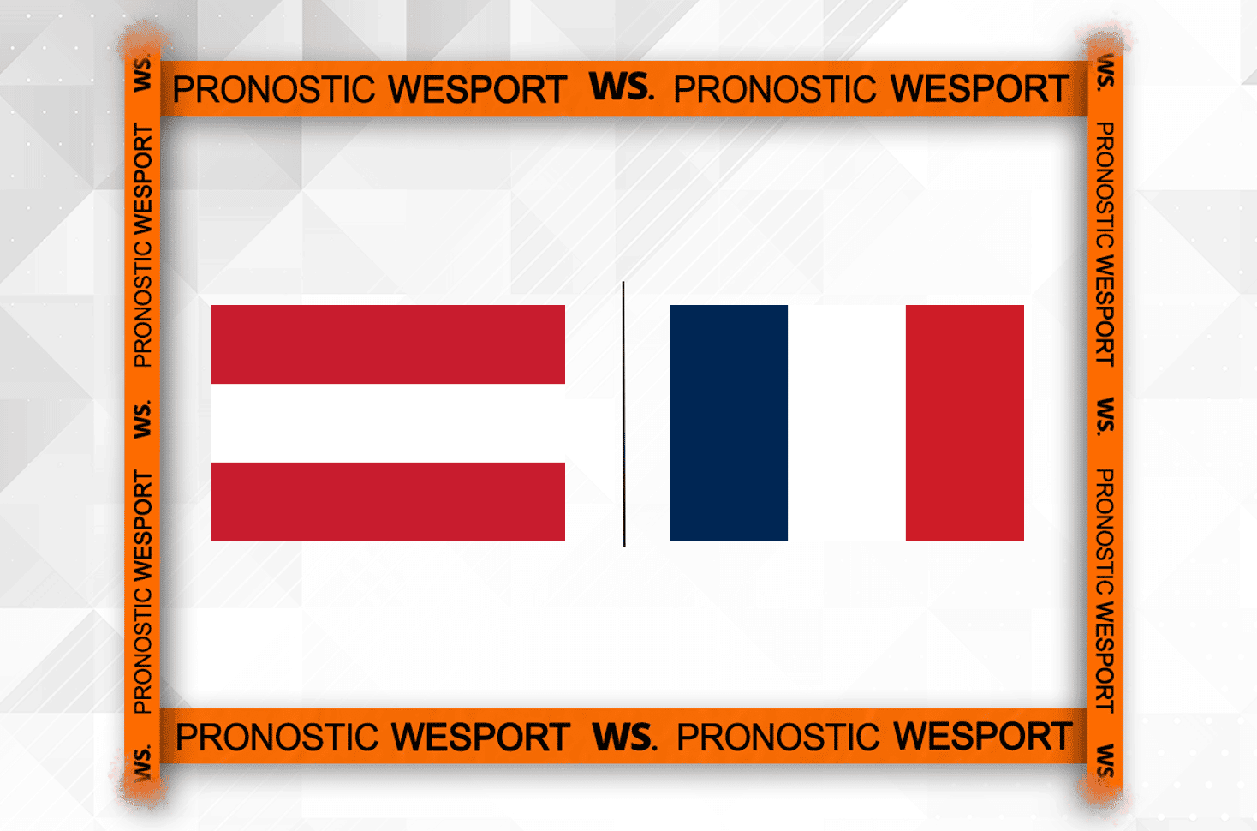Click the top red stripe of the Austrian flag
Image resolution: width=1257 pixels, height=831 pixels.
388,344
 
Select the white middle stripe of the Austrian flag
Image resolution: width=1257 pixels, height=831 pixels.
388,423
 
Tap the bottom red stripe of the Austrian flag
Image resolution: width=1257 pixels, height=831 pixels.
388,502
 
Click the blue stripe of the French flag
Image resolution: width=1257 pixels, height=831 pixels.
729,423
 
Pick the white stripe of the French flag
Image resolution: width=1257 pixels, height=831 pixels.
847,423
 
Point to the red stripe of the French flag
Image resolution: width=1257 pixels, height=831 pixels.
965,423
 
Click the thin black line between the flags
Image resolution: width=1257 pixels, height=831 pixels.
623,414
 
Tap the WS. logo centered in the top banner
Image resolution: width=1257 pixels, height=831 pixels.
621,87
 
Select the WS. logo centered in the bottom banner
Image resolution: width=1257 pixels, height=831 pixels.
624,736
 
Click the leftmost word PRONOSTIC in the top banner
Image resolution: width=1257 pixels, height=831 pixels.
274,90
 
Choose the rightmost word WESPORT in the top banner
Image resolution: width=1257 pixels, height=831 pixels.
980,89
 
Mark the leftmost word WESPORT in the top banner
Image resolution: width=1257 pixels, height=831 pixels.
478,89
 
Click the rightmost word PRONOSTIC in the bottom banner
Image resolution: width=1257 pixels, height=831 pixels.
777,737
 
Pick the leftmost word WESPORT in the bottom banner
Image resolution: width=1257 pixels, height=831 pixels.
481,737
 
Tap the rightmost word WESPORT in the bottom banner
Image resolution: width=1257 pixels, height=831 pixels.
983,736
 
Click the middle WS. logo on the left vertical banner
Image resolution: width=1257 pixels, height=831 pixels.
142,419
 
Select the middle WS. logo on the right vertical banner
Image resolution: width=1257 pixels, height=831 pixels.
1105,416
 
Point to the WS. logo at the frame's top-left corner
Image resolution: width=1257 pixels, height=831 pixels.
142,73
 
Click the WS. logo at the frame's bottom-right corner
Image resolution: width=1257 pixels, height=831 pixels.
1105,761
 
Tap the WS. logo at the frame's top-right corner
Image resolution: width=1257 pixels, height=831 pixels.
1105,72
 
